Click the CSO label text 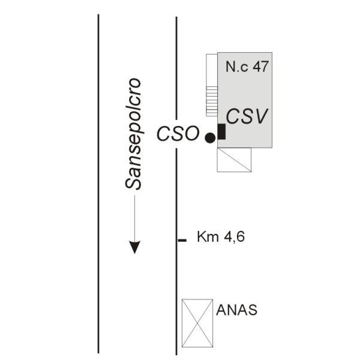pos(178,133)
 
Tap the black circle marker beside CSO pos(210,138)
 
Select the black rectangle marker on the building pos(221,131)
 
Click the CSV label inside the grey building pos(247,116)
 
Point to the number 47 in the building pos(260,67)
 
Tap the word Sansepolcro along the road pos(133,134)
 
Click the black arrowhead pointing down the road pos(134,247)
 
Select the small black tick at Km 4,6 pos(182,241)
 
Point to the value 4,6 pos(234,237)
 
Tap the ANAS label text pos(237,310)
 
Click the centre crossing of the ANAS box pos(197,323)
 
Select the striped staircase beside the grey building pos(212,101)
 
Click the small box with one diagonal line pos(234,160)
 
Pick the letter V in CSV pos(260,116)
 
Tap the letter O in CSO pos(191,133)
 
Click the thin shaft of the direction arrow pos(134,218)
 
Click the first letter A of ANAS pos(221,310)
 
